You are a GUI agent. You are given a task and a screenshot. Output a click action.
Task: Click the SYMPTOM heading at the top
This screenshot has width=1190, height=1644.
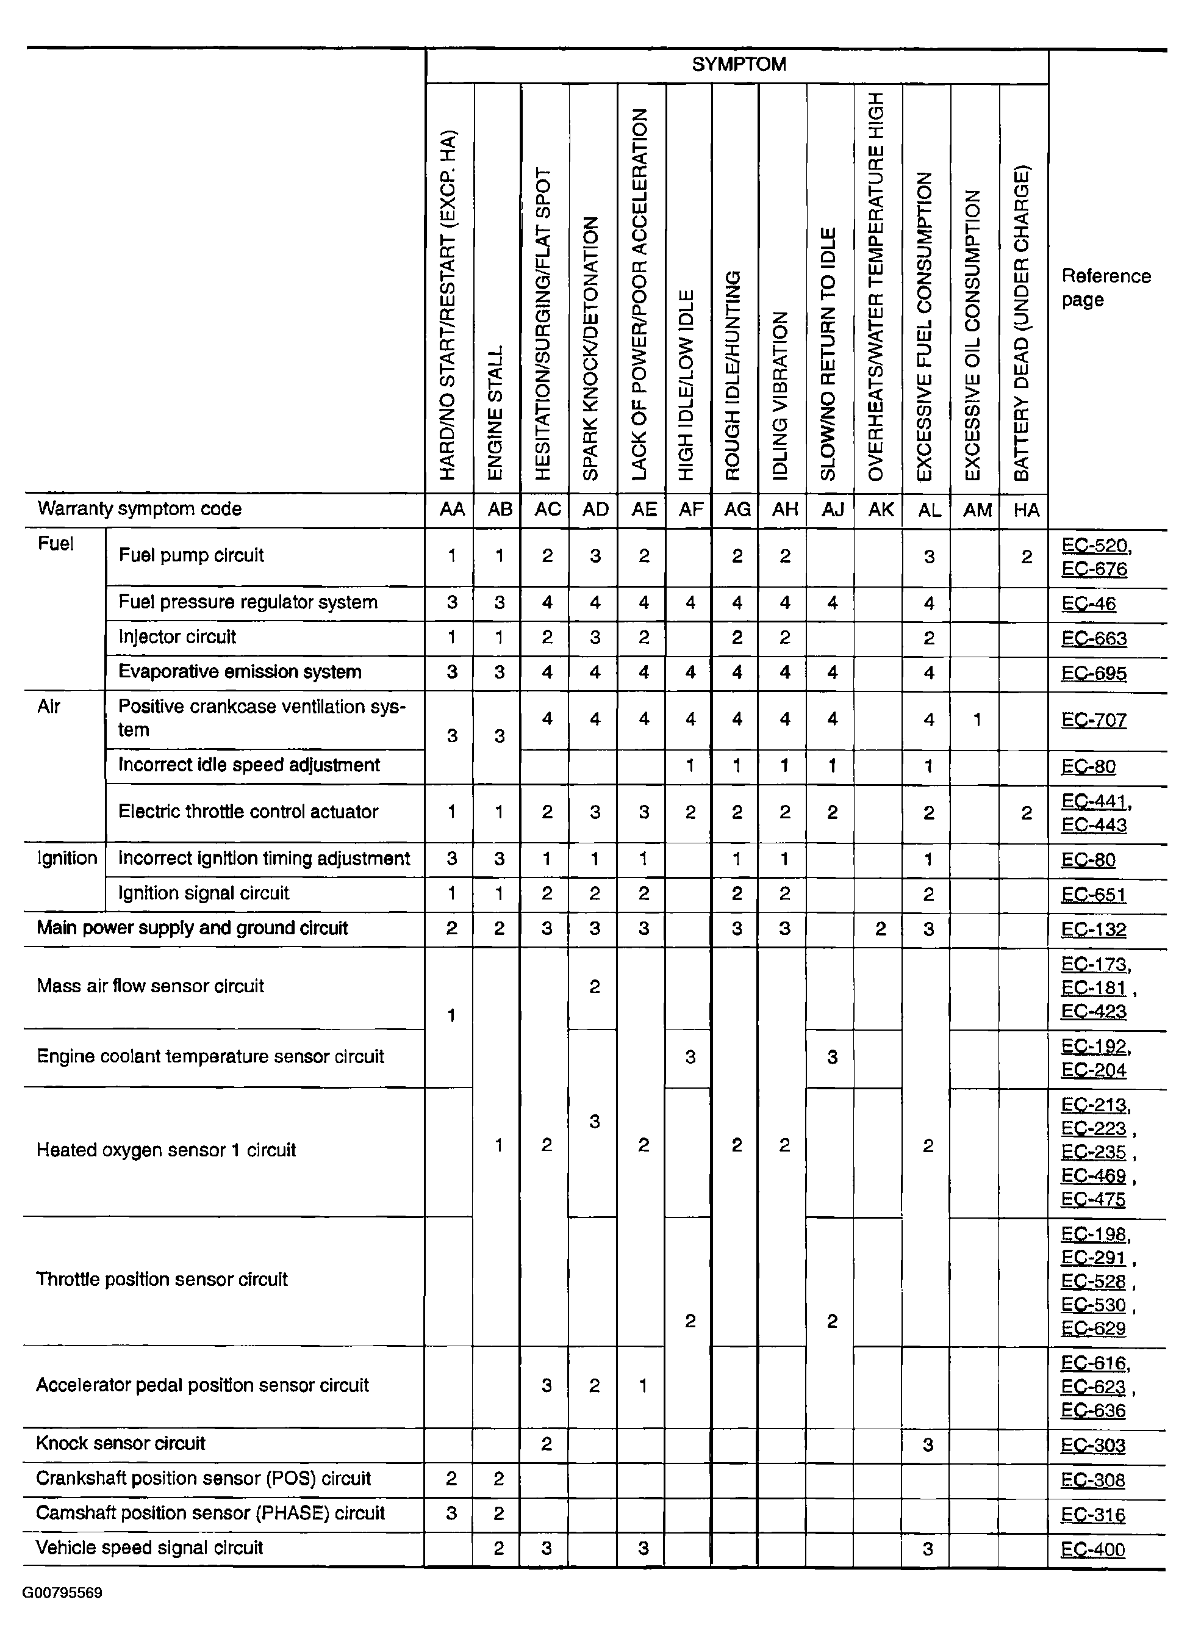(739, 65)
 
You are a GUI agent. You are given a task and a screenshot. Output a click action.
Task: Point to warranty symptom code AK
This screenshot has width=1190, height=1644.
(881, 510)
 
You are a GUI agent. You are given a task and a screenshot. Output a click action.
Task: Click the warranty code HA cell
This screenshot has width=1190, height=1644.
(1025, 510)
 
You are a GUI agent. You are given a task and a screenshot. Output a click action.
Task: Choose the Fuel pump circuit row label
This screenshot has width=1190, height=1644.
(190, 555)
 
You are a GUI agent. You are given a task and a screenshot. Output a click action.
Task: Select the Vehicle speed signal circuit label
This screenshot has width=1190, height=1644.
(149, 1548)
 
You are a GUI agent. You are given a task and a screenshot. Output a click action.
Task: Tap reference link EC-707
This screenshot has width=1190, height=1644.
(1094, 720)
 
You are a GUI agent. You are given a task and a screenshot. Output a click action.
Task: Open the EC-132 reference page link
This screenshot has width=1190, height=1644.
(1094, 929)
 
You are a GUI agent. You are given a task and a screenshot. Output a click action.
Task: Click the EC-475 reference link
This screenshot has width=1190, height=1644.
(1093, 1199)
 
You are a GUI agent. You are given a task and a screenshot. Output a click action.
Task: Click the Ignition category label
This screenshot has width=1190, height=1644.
(66, 858)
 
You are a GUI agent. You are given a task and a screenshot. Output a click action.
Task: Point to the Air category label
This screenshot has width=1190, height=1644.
(49, 706)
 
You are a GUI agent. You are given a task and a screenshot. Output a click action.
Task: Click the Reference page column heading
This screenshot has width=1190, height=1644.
(1105, 288)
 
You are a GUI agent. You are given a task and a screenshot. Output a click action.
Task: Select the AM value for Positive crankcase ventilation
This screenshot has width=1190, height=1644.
(976, 720)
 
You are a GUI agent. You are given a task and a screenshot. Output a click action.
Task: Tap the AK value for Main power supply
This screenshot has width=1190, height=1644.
(880, 929)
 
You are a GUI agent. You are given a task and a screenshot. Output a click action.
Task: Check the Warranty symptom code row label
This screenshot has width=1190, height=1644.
(139, 509)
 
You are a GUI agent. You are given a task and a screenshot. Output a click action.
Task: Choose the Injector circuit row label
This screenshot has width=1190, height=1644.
(177, 637)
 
